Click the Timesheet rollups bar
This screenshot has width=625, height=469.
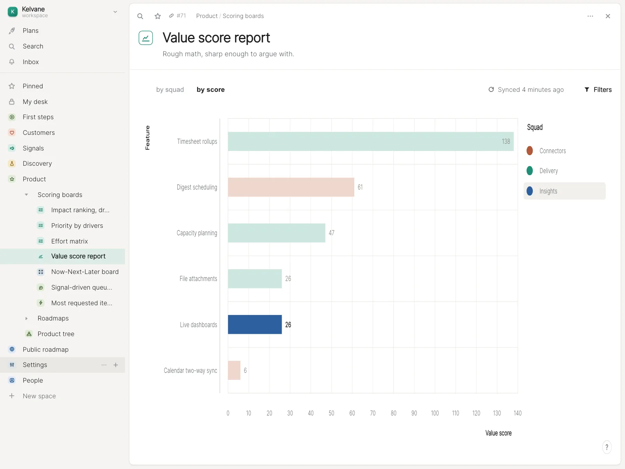coord(370,141)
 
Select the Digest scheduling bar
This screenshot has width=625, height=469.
coord(291,187)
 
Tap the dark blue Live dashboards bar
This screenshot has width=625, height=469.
coord(255,324)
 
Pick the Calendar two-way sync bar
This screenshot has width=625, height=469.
coord(234,370)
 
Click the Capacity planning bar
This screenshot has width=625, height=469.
coord(277,233)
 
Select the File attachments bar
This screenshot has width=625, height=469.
coord(255,279)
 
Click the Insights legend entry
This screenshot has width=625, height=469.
coord(564,191)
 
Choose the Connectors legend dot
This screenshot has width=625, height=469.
coord(530,150)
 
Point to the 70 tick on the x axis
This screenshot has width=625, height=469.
coord(373,413)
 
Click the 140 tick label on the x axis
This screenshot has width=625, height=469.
coord(517,413)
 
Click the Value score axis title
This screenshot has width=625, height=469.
coord(498,433)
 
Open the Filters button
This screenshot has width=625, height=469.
coord(598,90)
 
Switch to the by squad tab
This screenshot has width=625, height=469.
coord(170,90)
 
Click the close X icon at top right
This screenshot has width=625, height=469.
coord(608,16)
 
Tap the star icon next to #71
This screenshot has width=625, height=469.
coord(158,16)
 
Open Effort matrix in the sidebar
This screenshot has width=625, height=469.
coord(70,241)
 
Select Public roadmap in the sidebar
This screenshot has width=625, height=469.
coord(46,349)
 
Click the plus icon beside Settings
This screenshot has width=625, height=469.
coord(116,365)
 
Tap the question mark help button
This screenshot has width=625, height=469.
coord(607,447)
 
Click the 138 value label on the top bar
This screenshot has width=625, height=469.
coord(506,141)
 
